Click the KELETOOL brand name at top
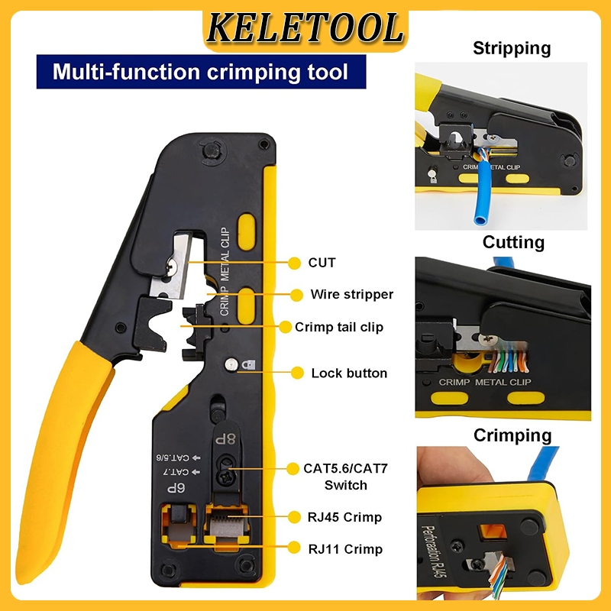point(305,28)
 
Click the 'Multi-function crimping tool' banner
point(201,72)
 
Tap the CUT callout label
point(322,263)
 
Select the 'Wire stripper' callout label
point(351,294)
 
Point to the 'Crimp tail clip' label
point(339,327)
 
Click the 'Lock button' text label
point(349,373)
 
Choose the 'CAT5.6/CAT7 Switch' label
point(346,477)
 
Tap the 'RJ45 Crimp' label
point(345,518)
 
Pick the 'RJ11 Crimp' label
point(345,549)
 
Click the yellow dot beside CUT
point(295,263)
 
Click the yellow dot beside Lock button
point(297,373)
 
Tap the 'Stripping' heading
point(512,49)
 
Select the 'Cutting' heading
point(513,242)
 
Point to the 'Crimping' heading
point(512,435)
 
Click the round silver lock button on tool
point(231,364)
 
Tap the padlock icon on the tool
point(248,365)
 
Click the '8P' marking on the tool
point(225,439)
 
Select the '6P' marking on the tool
point(176,488)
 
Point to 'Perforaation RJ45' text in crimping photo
point(433,550)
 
